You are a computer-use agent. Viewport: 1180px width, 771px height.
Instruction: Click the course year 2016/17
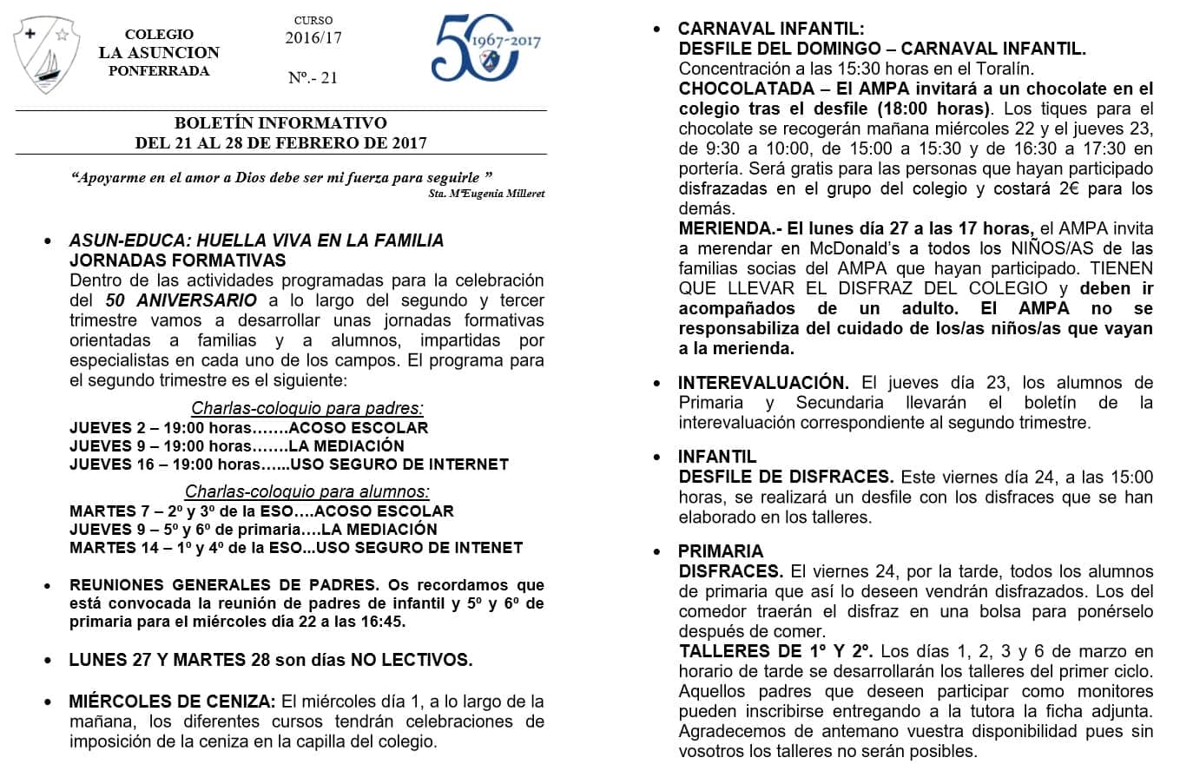pyautogui.click(x=313, y=37)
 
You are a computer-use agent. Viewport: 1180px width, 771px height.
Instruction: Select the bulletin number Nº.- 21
pyautogui.click(x=313, y=78)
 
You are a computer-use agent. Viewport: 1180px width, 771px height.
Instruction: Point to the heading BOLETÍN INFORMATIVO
pyautogui.click(x=280, y=123)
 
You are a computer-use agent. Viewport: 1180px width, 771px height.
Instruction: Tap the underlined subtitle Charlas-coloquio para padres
pyautogui.click(x=307, y=407)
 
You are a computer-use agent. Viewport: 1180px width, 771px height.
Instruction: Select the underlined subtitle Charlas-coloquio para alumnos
pyautogui.click(x=307, y=491)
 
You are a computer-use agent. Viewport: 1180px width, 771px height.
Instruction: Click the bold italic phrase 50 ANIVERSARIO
pyautogui.click(x=181, y=300)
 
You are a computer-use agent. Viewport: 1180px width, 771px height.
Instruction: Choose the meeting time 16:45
pyautogui.click(x=385, y=622)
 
